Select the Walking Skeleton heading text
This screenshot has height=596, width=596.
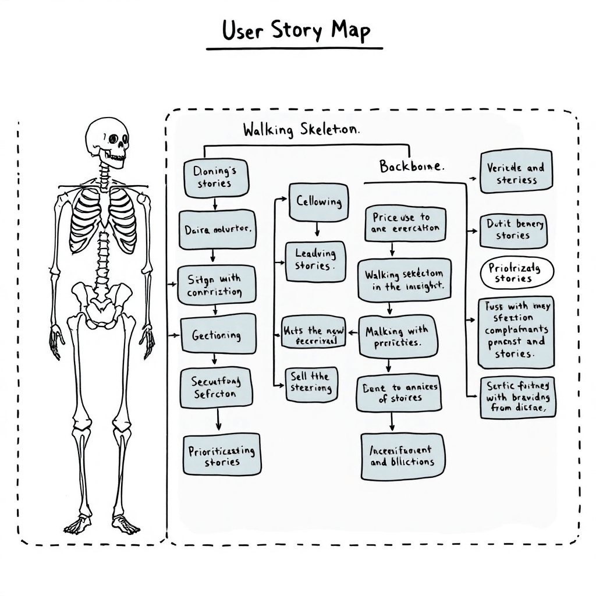coord(301,130)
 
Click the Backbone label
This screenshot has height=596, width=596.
coord(411,166)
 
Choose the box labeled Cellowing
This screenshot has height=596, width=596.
coord(318,202)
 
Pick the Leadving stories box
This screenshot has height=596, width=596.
coord(315,261)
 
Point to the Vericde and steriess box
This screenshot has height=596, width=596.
coord(516,172)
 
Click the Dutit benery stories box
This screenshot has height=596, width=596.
coord(513,230)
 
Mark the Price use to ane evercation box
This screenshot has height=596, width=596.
coord(405,223)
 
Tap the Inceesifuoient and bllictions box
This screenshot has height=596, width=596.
coord(402,456)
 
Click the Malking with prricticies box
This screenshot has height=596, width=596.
coord(397,336)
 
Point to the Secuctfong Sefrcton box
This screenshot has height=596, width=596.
coord(217,386)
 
